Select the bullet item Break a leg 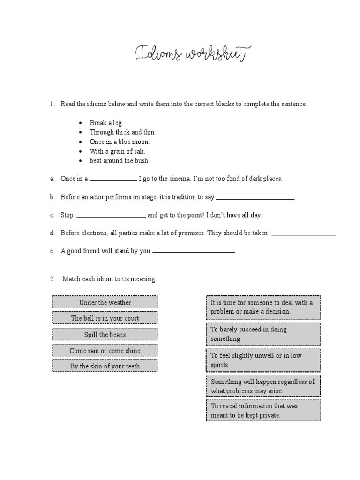106,123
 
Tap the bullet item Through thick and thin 122,132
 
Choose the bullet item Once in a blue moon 120,142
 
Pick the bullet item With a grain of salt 118,151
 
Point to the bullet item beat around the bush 120,160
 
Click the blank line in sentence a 112,180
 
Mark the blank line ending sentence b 255,199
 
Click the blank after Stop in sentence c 111,217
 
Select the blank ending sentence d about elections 304,234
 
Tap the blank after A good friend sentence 194,252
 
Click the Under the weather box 105,302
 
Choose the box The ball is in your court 105,318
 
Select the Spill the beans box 105,334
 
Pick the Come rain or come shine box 105,350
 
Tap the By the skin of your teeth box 105,366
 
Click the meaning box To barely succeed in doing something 263,334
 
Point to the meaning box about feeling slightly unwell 263,360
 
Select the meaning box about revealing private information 263,411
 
